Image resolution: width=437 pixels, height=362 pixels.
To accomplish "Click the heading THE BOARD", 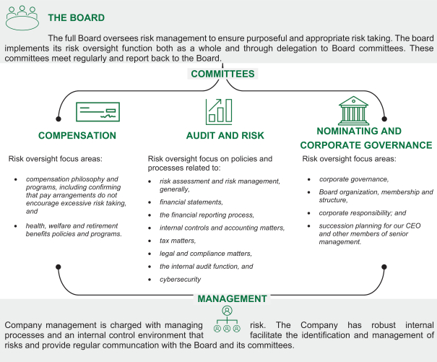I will point(76,17).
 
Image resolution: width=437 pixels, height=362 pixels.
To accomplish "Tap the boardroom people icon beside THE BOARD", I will point(22,17).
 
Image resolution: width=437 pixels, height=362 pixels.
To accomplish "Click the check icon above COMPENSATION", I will point(98,112).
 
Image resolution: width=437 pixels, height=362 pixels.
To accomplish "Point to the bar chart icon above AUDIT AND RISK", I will point(219,111).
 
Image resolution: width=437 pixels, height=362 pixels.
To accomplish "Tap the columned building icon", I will point(359,111).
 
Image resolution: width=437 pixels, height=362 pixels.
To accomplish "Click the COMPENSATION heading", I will point(77,135).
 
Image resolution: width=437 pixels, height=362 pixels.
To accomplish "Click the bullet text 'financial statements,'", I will point(191,202).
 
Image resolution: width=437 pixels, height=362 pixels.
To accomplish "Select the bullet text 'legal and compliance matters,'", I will point(205,254).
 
